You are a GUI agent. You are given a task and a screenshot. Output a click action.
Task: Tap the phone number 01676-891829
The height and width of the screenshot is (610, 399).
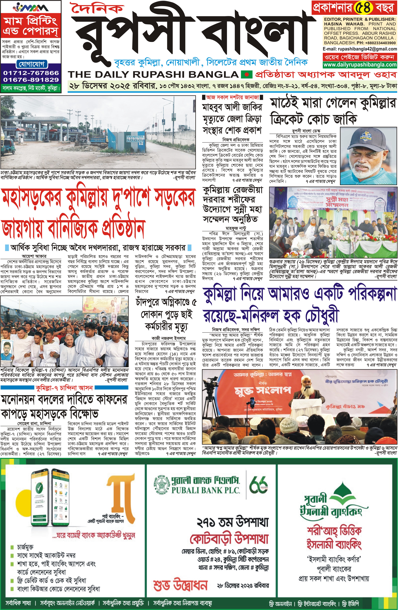[x=31, y=80]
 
